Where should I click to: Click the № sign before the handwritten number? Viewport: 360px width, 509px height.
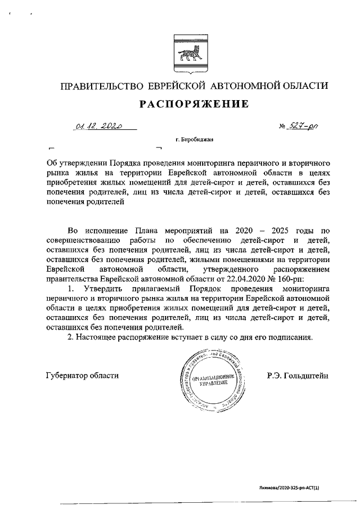point(283,129)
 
